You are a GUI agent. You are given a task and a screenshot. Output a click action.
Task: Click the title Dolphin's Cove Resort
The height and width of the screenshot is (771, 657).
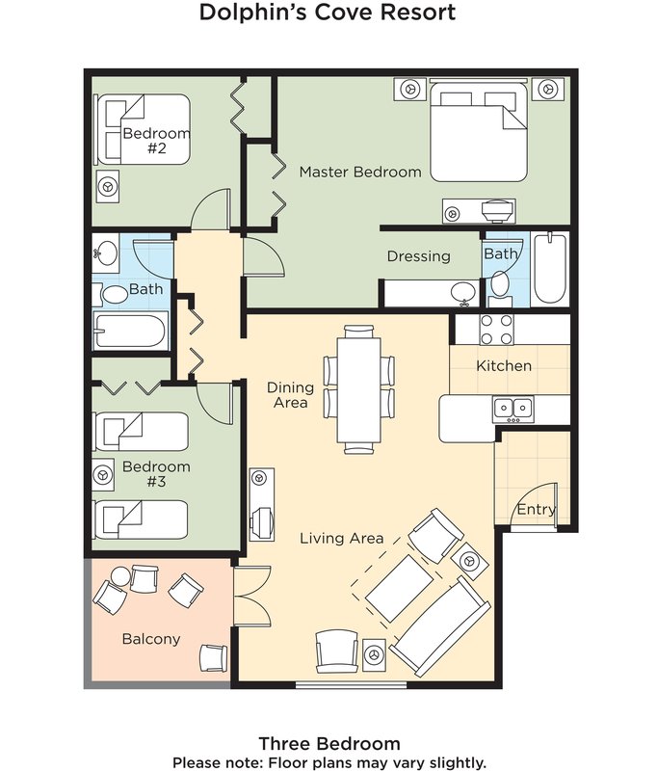(328, 12)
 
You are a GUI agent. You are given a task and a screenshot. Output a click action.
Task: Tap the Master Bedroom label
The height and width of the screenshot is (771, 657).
(360, 172)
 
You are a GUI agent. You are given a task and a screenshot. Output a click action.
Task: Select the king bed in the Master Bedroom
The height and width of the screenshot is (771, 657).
(479, 131)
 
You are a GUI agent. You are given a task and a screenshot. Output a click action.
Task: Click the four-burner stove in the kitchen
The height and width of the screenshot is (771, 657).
(496, 330)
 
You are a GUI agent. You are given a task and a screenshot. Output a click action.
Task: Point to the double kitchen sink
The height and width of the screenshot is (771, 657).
(513, 409)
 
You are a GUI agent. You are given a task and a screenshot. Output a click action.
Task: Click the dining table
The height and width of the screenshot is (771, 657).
(359, 389)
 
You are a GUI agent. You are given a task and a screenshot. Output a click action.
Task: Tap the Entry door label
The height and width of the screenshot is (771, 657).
(537, 509)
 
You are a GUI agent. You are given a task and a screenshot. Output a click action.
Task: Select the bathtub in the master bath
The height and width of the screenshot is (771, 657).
(550, 269)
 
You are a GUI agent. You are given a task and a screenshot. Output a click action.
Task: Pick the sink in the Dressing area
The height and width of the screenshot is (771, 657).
(464, 293)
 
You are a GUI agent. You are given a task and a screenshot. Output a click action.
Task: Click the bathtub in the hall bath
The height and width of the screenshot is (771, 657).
(131, 331)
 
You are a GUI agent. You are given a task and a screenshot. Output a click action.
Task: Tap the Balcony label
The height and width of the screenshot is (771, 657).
(151, 639)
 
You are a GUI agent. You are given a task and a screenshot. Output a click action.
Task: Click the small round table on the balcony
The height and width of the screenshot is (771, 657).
(119, 575)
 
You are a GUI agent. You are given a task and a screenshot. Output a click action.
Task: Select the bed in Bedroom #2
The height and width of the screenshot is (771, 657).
(143, 129)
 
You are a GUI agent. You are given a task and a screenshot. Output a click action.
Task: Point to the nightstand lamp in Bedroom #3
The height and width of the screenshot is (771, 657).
(103, 475)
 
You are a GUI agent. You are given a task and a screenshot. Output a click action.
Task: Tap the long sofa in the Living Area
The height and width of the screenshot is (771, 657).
(441, 625)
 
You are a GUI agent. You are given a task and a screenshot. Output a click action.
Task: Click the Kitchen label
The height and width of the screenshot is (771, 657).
(504, 366)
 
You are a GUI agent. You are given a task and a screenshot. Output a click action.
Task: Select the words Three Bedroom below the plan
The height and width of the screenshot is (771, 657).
(329, 743)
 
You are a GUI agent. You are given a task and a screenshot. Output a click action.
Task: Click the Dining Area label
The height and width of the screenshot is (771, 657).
(290, 395)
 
